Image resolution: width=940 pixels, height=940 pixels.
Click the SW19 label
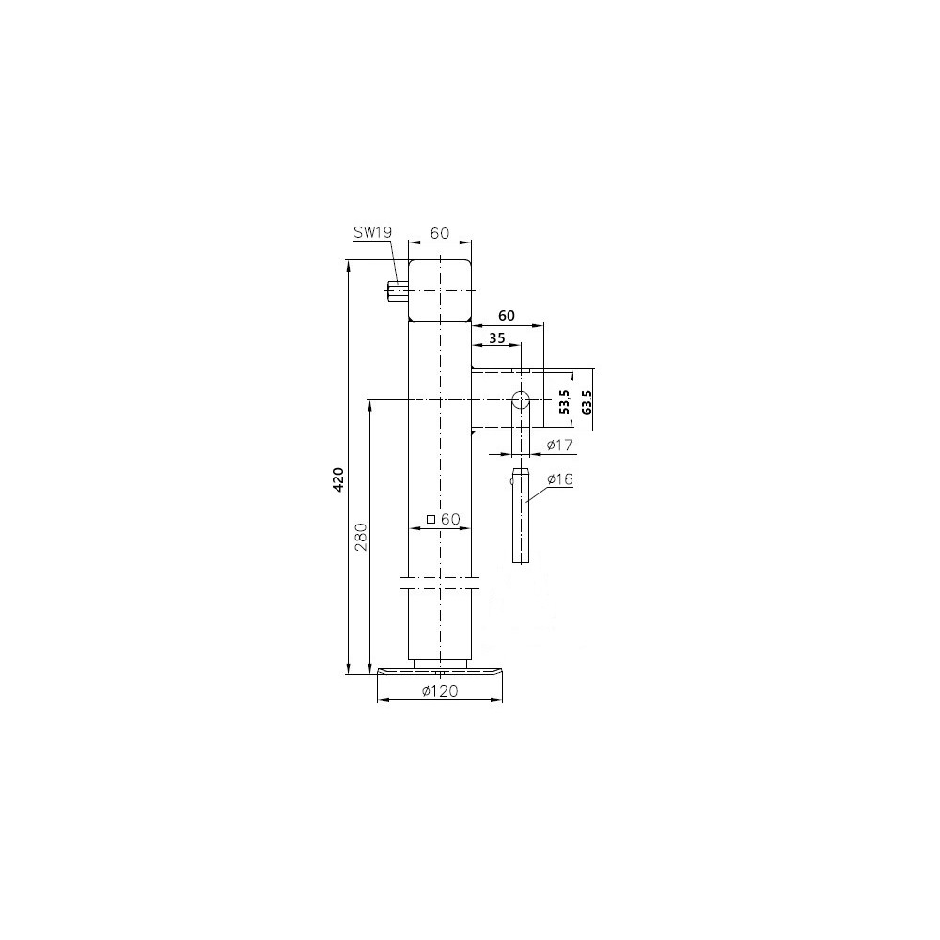(371, 232)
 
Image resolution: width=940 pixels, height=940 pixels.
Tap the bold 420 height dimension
(337, 479)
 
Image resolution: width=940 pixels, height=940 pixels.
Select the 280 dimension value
(360, 537)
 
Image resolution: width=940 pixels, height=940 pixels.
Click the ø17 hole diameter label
(560, 445)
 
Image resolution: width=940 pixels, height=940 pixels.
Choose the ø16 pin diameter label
(560, 479)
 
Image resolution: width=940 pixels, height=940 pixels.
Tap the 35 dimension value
(497, 338)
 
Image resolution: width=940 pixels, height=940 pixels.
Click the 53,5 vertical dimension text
(563, 401)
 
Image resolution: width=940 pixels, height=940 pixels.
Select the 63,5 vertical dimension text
(587, 401)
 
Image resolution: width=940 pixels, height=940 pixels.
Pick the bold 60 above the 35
(507, 315)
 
